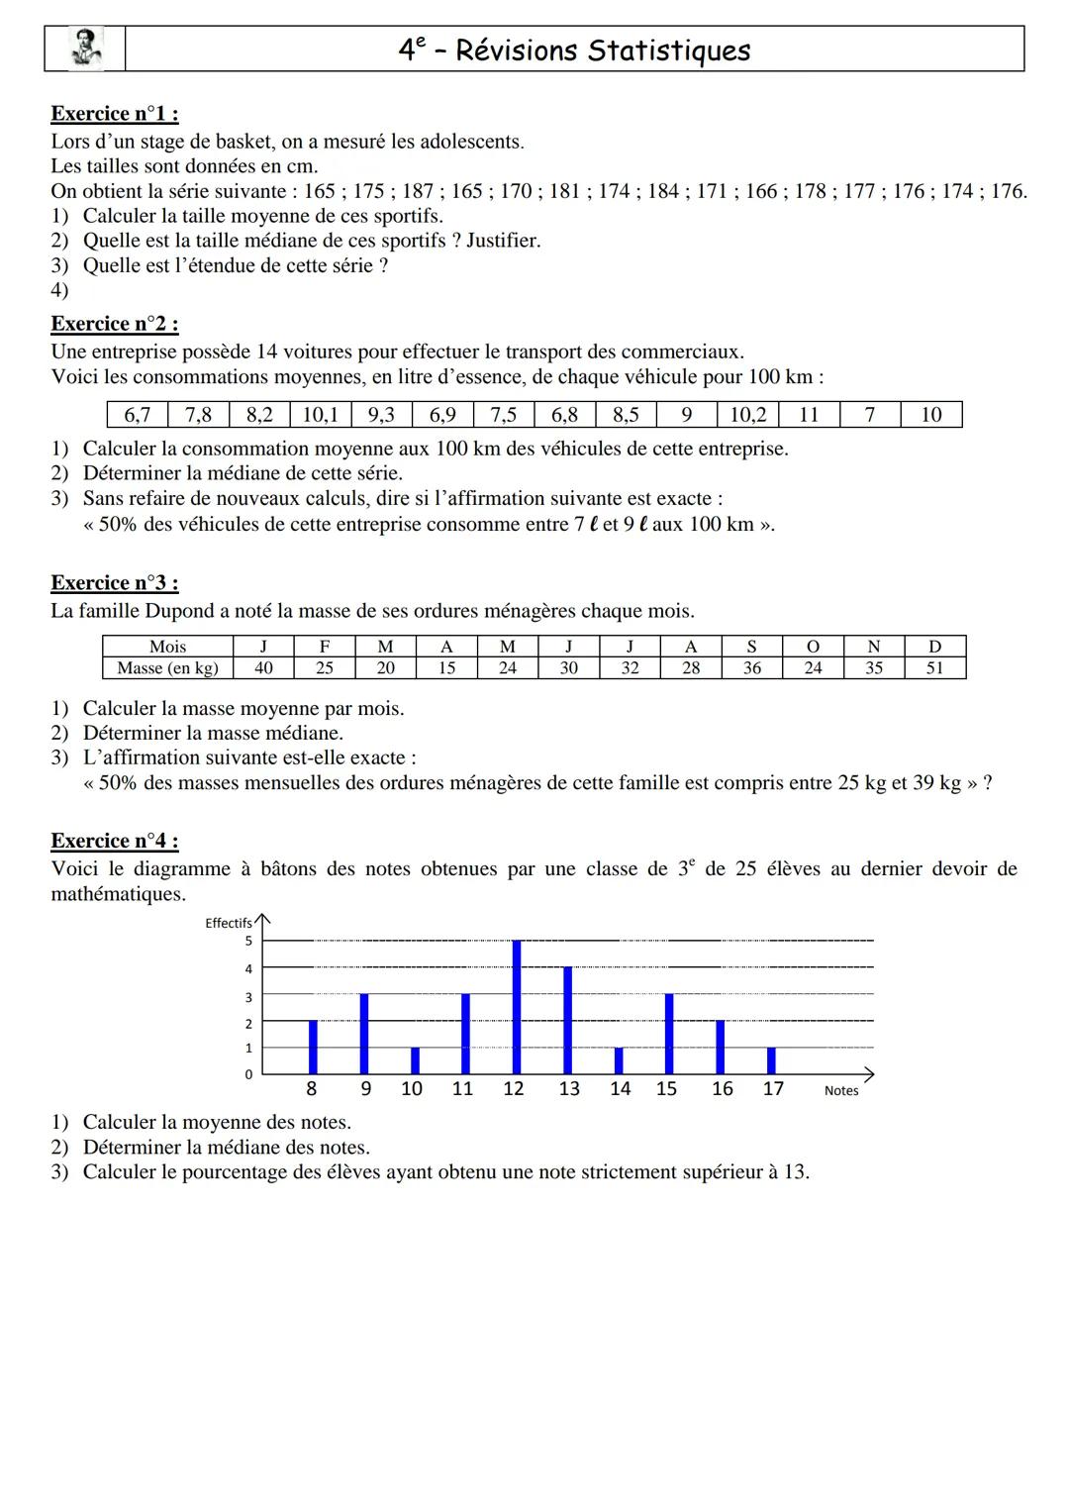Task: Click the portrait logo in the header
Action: point(85,49)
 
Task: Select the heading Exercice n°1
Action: point(115,114)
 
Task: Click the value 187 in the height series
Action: point(419,191)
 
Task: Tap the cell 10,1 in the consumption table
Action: point(321,414)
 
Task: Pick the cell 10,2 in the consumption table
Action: point(748,414)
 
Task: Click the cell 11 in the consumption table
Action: point(809,414)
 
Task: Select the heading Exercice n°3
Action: point(115,582)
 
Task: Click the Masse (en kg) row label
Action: point(167,668)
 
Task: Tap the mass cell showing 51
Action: point(934,668)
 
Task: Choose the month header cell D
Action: point(934,647)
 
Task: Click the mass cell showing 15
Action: point(446,668)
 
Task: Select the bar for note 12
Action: point(517,1007)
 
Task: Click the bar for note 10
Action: point(415,1060)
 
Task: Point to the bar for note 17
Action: point(771,1060)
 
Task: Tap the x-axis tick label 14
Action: point(620,1089)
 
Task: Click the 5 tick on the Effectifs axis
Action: point(248,941)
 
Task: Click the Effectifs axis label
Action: point(228,923)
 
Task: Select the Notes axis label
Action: point(841,1090)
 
